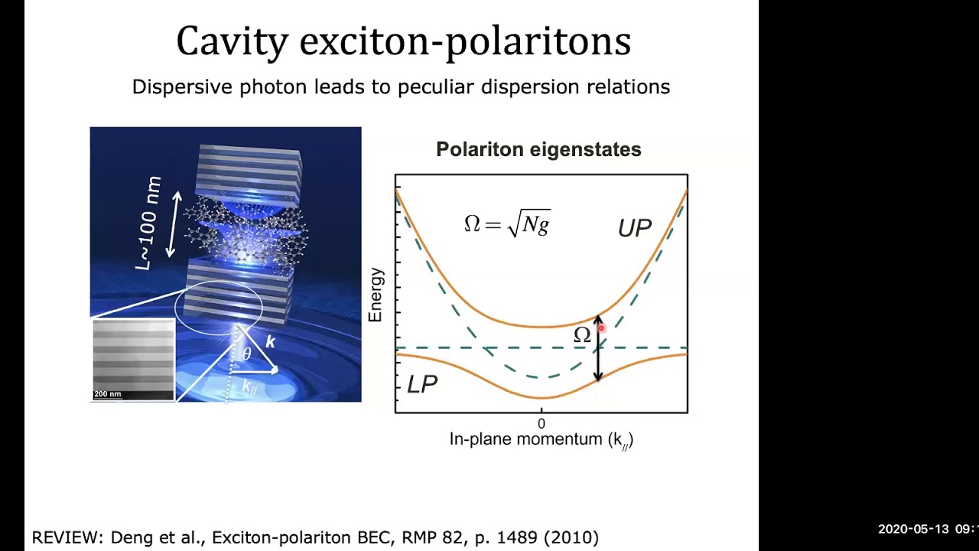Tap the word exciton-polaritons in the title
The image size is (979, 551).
[x=465, y=41]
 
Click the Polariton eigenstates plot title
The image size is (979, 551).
[x=538, y=149]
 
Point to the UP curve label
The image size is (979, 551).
[x=634, y=228]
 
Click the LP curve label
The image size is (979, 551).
[x=422, y=384]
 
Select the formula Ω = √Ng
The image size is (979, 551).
[x=506, y=223]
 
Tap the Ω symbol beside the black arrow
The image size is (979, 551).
[x=582, y=335]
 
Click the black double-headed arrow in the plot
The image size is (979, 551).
[x=598, y=360]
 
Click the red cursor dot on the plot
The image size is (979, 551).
[x=602, y=328]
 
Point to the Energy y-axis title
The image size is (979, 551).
[x=375, y=295]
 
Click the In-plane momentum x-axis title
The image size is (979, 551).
[x=541, y=439]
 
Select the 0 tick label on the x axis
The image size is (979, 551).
[x=542, y=423]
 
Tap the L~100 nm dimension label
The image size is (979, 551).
[x=149, y=223]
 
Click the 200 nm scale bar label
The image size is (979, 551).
[x=108, y=394]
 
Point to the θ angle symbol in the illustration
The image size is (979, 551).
[x=246, y=354]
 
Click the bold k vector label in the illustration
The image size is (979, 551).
[x=270, y=342]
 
